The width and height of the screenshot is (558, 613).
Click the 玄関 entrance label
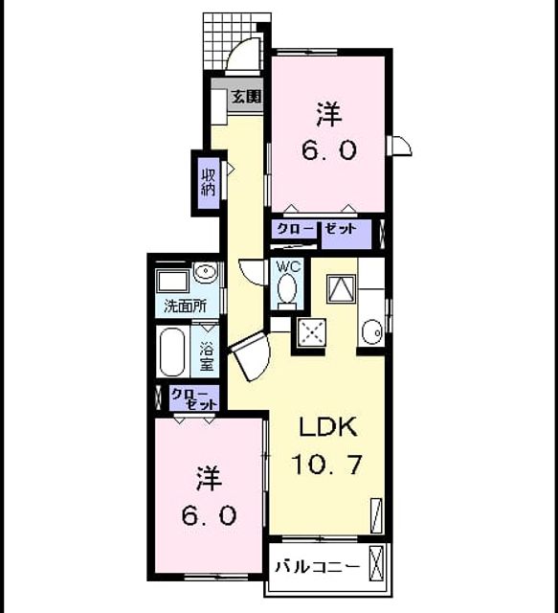[x=246, y=96]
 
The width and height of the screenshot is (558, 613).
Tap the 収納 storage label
[x=209, y=182]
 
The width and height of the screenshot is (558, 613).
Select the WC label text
[x=289, y=266]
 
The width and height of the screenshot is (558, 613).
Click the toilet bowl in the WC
[x=287, y=290]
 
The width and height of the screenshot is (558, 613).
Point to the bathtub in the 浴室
[x=172, y=352]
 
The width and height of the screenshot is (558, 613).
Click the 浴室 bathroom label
[x=207, y=356]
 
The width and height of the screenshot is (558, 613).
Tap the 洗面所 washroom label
[x=186, y=306]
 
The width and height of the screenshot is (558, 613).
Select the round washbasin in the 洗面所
[x=206, y=271]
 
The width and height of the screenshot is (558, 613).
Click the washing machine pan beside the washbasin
[x=172, y=281]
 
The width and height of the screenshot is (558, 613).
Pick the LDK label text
[x=328, y=427]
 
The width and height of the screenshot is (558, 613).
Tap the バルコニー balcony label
[x=317, y=566]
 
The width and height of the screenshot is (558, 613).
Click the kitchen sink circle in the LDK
[x=371, y=332]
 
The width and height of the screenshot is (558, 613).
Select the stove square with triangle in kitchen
[x=341, y=288]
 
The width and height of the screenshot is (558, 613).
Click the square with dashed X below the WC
[x=311, y=332]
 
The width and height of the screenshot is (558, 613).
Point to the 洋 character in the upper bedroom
[x=328, y=114]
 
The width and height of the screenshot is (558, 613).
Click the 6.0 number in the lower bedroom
[x=209, y=515]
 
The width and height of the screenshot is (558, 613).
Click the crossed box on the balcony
[x=377, y=563]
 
